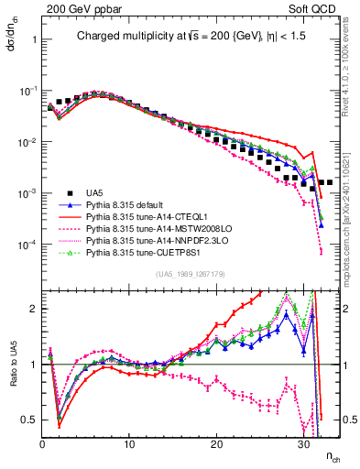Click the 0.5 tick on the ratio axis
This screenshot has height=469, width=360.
31,420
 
